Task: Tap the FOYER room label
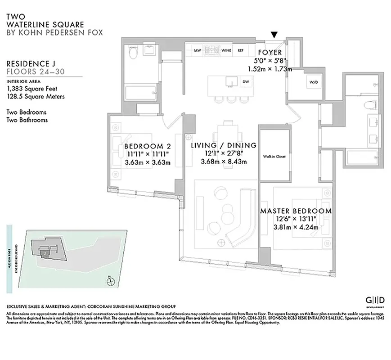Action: (270, 53)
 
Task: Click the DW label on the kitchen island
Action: (246, 81)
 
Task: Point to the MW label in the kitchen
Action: (197, 50)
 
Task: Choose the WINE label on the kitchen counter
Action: (226, 50)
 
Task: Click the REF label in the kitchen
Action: (240, 50)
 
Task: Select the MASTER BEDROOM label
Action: (296, 211)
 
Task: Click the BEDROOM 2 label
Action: (147, 146)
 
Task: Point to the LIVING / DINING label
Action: (223, 145)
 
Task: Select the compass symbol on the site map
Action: (108, 282)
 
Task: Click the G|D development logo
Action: (375, 301)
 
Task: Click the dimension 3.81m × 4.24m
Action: (296, 227)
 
